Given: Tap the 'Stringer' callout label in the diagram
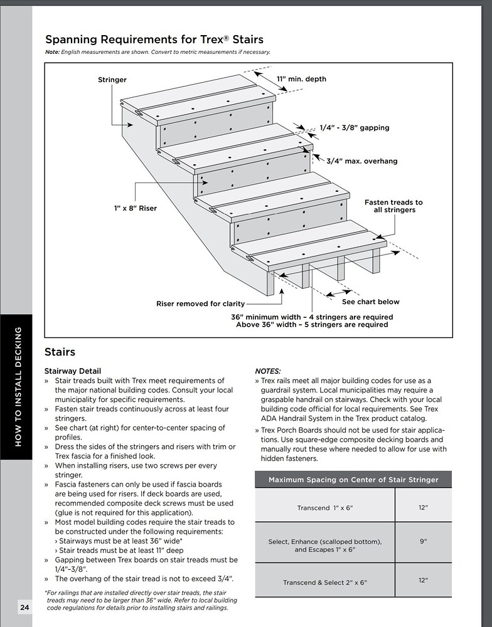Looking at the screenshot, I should tap(112, 80).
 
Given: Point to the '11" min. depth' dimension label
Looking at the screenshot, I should tap(301, 80).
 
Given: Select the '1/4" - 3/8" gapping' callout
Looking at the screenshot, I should tap(354, 128).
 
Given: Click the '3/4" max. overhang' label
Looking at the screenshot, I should tap(361, 161).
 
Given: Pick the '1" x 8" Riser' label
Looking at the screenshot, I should tap(136, 208).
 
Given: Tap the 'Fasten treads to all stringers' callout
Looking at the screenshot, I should tap(393, 206).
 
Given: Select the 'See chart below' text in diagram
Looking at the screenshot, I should tap(370, 302).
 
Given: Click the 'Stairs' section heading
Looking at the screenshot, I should tap(60, 352).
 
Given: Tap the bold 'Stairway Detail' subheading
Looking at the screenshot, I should tap(73, 371).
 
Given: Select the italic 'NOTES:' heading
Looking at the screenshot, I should tap(268, 371).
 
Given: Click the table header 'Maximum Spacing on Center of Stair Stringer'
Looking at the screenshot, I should tap(353, 480).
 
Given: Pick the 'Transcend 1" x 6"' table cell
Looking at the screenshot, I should tap(326, 508).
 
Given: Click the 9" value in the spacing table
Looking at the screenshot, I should tap(423, 540).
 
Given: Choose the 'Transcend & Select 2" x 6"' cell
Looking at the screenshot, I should tap(325, 582).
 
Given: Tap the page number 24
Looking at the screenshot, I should tap(24, 607).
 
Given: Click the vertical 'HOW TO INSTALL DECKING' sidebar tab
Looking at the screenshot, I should tap(17, 386).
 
